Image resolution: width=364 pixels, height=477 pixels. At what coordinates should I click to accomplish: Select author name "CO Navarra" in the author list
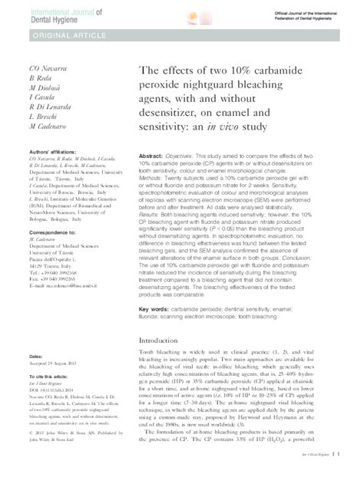(x=25, y=69)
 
